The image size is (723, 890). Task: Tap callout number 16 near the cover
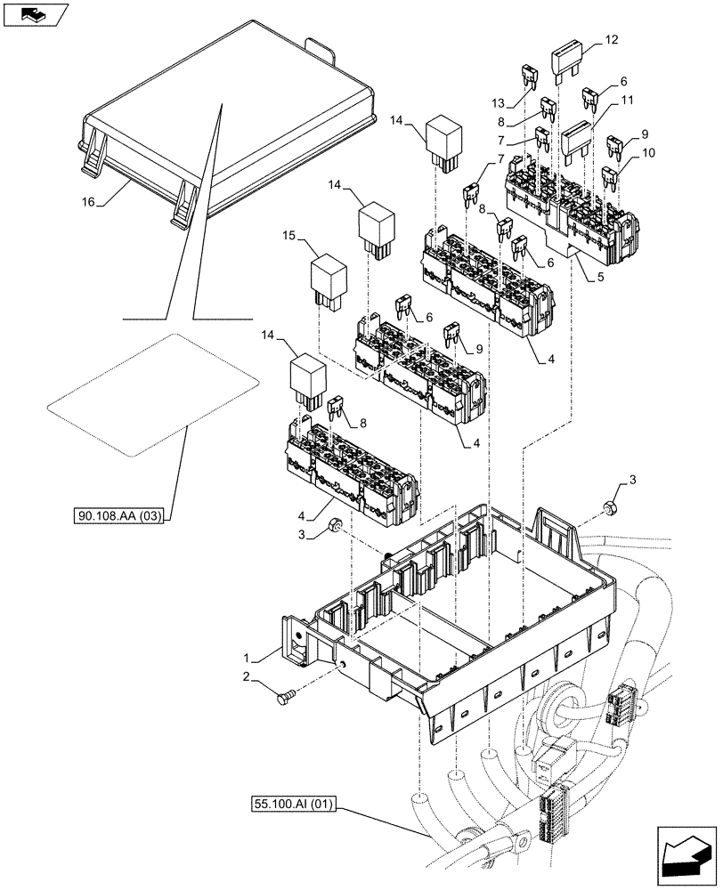86,204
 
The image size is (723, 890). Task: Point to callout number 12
610,40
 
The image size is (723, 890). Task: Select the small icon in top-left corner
34,13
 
